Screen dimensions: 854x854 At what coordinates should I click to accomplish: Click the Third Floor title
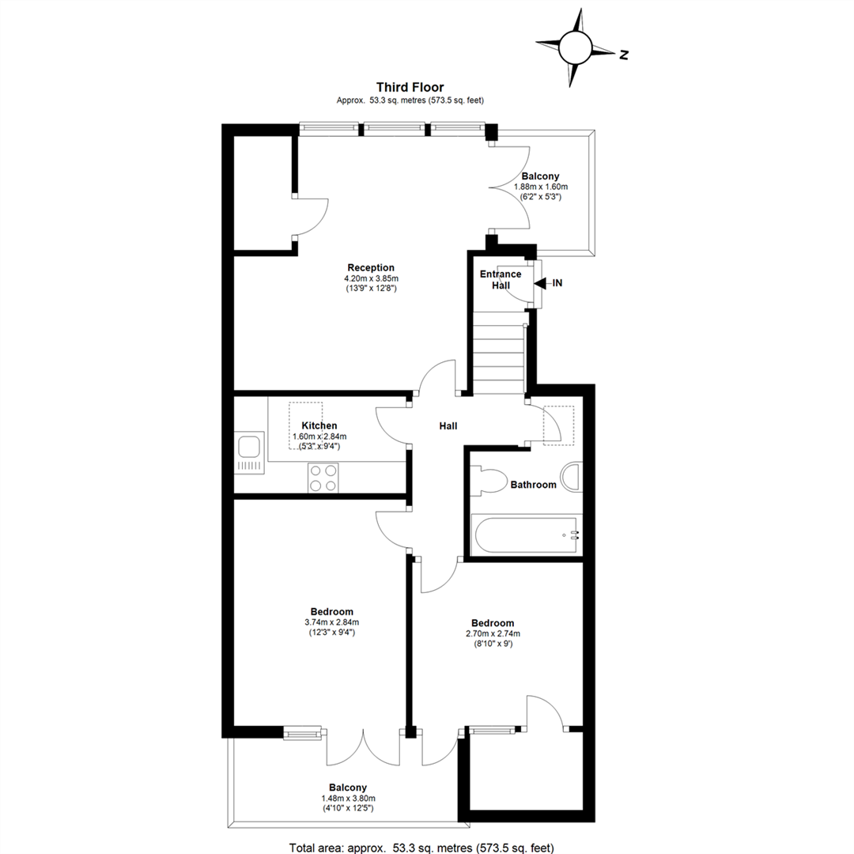click(410, 87)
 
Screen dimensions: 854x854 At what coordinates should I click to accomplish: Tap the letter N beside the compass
click(624, 55)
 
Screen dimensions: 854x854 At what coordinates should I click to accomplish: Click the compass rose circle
click(575, 48)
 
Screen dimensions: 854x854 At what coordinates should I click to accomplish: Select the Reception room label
click(371, 267)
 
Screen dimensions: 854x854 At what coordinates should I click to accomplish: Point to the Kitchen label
click(319, 425)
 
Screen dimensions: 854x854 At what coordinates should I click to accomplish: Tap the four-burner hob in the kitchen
click(323, 478)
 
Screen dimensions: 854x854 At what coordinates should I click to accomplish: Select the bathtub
click(526, 535)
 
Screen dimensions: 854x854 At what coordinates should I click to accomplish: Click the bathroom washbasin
click(573, 478)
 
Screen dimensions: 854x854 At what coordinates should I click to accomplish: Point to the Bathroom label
click(533, 485)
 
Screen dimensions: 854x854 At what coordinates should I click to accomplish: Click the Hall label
click(448, 426)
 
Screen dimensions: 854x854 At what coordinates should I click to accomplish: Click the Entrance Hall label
click(501, 279)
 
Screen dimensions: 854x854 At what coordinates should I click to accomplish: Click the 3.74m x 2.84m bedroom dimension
click(331, 622)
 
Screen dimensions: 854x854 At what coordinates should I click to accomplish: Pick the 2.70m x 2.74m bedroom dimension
click(493, 633)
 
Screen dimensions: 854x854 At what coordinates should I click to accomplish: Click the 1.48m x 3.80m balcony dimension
click(348, 798)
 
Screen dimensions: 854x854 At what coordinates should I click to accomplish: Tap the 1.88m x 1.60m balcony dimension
click(541, 187)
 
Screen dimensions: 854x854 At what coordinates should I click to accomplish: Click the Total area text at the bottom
click(421, 848)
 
